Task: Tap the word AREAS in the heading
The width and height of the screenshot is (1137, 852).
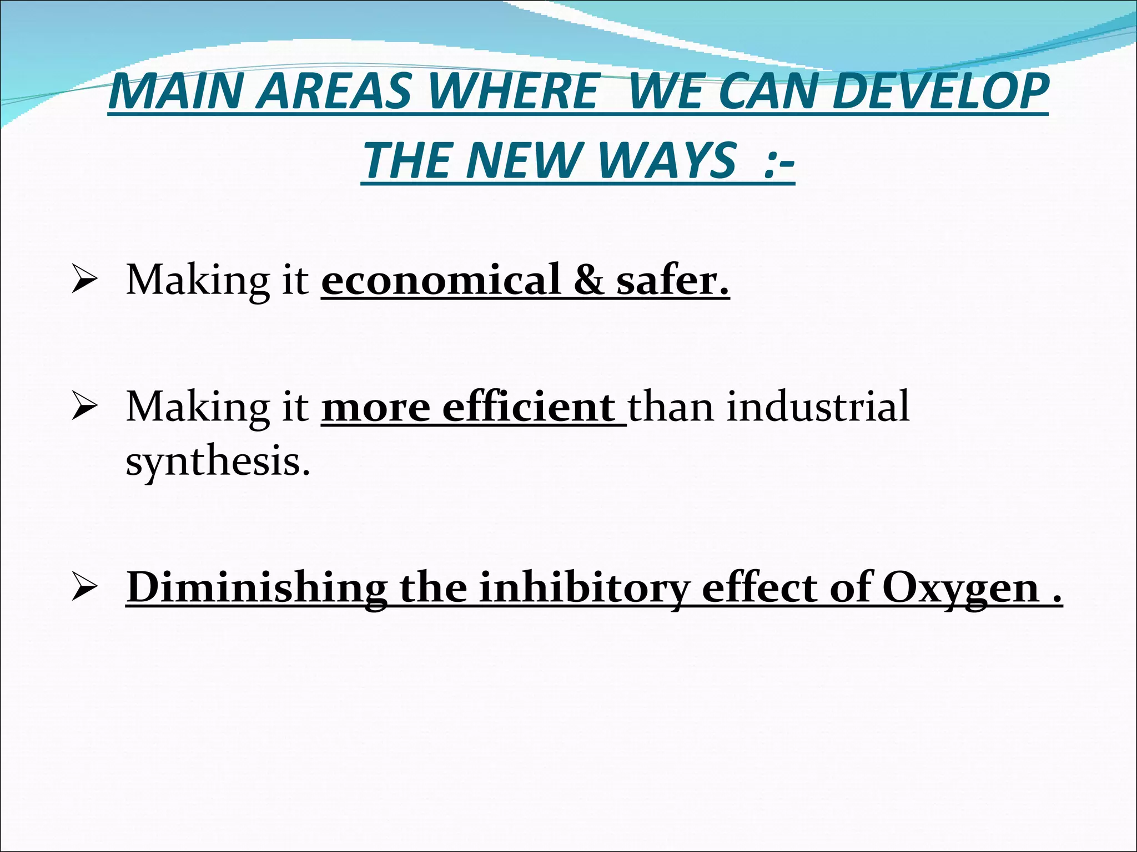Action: pyautogui.click(x=336, y=92)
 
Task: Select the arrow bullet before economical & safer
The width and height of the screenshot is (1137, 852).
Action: pyautogui.click(x=84, y=281)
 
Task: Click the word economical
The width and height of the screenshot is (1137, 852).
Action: pyautogui.click(x=441, y=280)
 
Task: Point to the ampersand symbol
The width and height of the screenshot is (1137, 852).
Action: pyautogui.click(x=588, y=280)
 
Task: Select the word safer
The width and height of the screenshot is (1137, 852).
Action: pyautogui.click(x=672, y=280)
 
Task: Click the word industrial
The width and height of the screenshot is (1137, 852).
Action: pyautogui.click(x=818, y=407)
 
